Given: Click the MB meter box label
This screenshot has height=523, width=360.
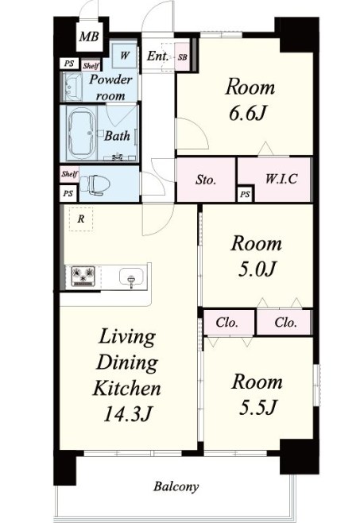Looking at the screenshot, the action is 89,36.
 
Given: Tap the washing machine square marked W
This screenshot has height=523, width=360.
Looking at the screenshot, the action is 124,55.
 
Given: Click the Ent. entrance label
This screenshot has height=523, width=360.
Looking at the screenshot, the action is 157,56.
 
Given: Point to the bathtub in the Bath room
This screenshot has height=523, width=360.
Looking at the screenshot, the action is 81,134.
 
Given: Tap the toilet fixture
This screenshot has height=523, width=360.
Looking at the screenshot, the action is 95,184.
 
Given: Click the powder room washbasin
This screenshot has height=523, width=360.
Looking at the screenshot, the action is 72,87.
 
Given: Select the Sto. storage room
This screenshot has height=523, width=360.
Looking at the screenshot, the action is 206,180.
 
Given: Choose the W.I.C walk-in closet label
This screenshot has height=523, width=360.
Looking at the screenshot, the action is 281,179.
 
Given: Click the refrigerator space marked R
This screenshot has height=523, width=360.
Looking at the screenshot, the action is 81,219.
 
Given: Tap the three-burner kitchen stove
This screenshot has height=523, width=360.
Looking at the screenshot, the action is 83,277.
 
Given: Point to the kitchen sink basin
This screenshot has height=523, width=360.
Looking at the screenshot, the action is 132,277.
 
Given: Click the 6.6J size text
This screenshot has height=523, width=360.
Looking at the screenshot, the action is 247,113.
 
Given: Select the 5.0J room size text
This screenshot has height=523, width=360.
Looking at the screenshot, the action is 257,269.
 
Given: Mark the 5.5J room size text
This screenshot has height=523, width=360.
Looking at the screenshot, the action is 257,407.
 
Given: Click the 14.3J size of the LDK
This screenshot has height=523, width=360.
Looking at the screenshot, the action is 127,414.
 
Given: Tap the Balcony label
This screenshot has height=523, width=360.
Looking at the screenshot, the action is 176,486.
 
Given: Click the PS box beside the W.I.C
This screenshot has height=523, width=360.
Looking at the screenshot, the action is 245,194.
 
